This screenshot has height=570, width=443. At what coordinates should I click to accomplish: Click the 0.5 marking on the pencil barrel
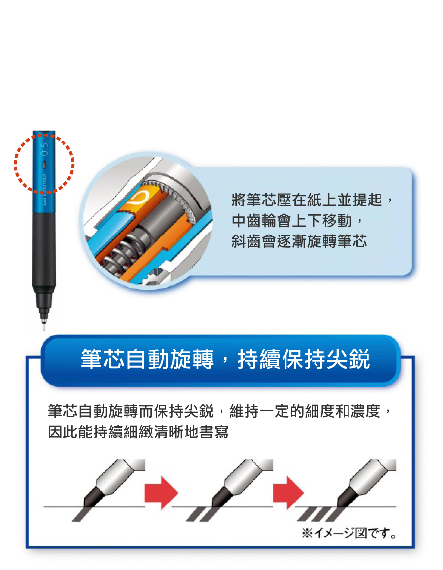pyautogui.click(x=44, y=149)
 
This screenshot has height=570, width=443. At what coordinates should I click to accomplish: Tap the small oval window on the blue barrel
pyautogui.click(x=44, y=164)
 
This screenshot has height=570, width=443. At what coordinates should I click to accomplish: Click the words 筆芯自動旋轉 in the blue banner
pyautogui.click(x=147, y=359)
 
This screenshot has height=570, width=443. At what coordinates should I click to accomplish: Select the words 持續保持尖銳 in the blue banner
pyautogui.click(x=304, y=359)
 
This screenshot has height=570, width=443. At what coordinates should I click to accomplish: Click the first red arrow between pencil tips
pyautogui.click(x=161, y=493)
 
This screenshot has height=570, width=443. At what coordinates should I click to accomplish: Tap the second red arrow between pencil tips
pyautogui.click(x=288, y=493)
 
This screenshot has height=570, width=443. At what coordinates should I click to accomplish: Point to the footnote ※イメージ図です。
pyautogui.click(x=349, y=533)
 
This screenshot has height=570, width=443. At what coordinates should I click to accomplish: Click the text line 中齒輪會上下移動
pyautogui.click(x=292, y=221)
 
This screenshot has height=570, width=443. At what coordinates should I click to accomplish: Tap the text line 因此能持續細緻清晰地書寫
pyautogui.click(x=138, y=432)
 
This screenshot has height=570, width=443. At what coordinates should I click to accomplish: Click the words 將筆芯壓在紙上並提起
pyautogui.click(x=307, y=200)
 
